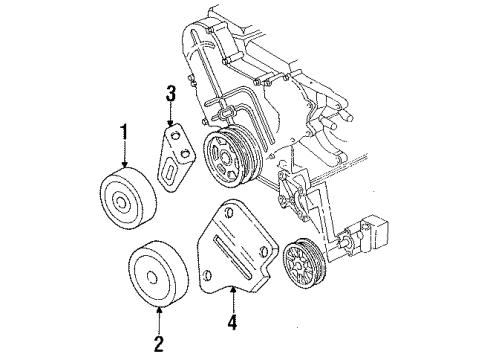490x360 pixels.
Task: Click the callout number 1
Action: [x=124, y=130]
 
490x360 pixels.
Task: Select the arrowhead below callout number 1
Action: [x=124, y=164]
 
